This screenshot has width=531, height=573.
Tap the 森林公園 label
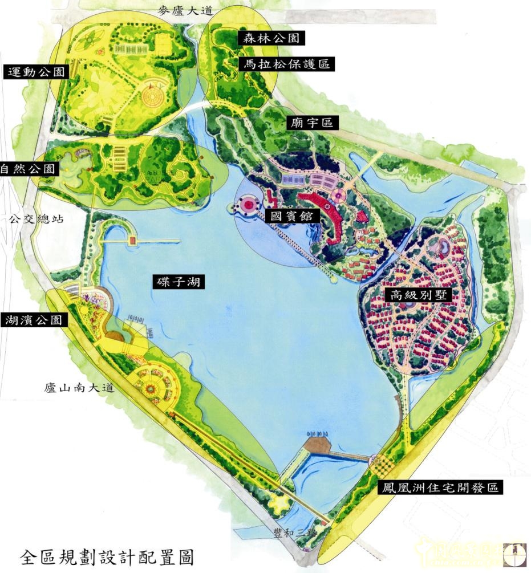[271, 38]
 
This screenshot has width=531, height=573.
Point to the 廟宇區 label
[311, 123]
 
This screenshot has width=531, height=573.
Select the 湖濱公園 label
[34, 320]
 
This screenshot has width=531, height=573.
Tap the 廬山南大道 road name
[79, 389]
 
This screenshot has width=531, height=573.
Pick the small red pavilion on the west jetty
[133, 241]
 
